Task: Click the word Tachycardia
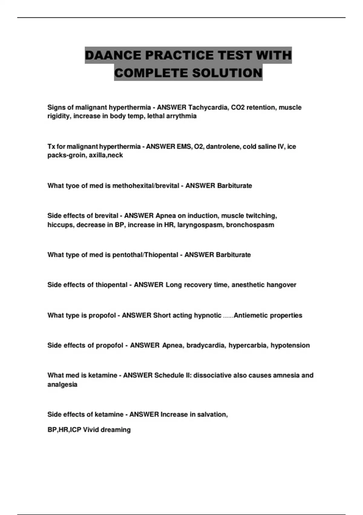(x=208, y=108)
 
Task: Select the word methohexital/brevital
(x=146, y=186)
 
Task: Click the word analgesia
(x=62, y=385)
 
